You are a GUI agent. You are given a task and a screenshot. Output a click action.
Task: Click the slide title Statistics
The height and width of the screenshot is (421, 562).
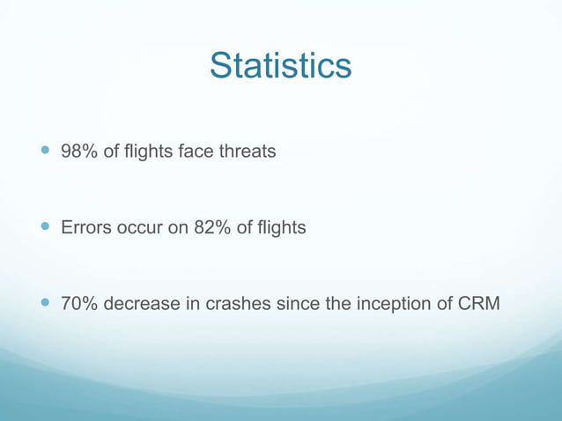281,66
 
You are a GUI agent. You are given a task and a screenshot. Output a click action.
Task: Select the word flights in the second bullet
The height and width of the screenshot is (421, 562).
279,228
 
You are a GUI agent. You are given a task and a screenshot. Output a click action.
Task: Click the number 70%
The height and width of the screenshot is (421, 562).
78,305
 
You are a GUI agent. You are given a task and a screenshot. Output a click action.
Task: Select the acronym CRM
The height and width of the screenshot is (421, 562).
479,305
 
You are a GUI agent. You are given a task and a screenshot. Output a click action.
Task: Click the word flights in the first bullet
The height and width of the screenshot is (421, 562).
147,151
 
